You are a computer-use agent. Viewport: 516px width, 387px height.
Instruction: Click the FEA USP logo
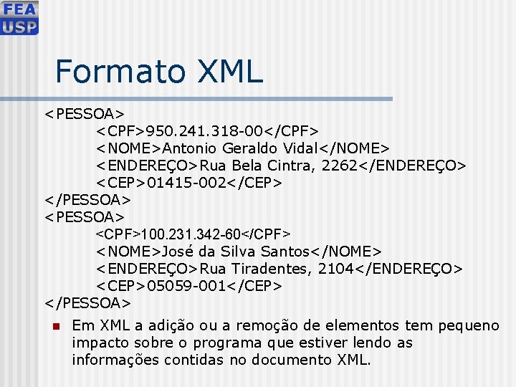point(19,18)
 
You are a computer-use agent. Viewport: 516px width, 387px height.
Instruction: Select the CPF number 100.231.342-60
point(192,234)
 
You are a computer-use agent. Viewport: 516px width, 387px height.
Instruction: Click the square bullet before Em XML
point(54,327)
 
